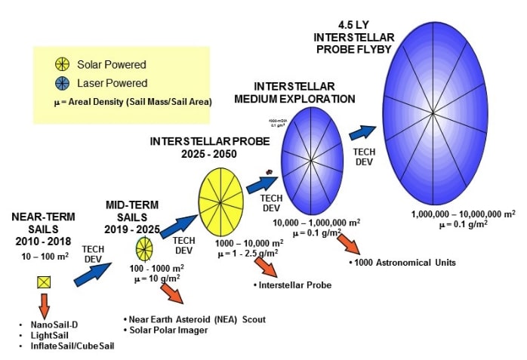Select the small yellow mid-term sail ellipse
(x=144, y=248)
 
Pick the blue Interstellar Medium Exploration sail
(x=312, y=161)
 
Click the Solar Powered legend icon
(x=63, y=65)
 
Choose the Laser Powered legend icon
(x=63, y=83)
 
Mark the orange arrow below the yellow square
(x=44, y=305)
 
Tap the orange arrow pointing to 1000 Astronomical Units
(x=348, y=243)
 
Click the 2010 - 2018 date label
(x=43, y=242)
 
